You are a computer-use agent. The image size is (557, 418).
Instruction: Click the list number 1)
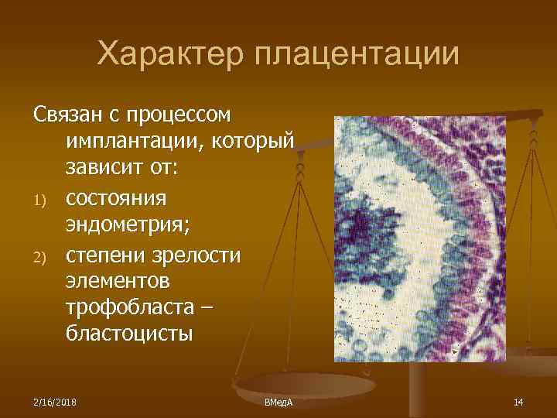[x=40, y=200]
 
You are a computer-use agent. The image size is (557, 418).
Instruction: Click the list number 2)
[x=40, y=256]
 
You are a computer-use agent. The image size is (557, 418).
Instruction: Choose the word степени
[x=104, y=255]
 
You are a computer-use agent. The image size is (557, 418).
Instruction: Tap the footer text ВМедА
[x=278, y=402]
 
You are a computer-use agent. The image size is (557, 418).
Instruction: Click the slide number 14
[x=518, y=401]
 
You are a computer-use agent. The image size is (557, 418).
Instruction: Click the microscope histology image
[x=419, y=238]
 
